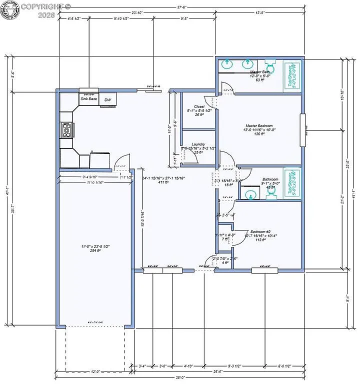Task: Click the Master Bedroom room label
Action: pos(259,125)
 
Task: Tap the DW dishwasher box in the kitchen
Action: pos(107,100)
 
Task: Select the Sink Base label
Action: pos(89,99)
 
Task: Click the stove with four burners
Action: pos(66,130)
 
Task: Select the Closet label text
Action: pos(199,106)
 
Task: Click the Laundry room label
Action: pos(198,144)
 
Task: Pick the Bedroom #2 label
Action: pos(260,232)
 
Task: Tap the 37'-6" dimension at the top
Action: pos(182,7)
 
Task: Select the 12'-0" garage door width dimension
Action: pos(94,371)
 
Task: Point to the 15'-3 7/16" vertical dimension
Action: pos(142,217)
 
